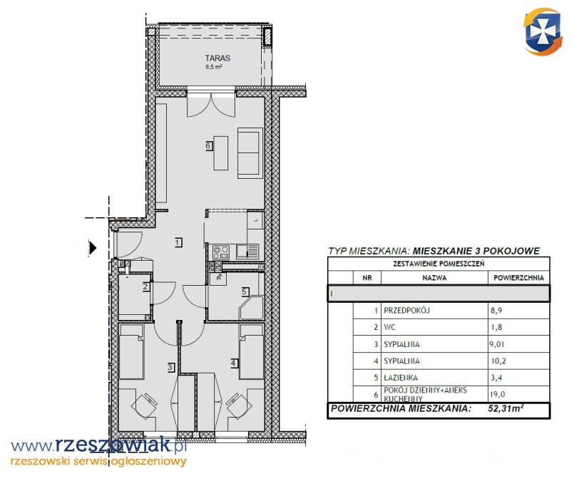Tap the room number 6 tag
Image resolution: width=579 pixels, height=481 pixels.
click(x=209, y=145)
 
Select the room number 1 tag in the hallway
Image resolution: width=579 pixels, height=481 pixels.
click(x=179, y=242)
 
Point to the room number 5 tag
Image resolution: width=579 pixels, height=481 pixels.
click(x=245, y=291)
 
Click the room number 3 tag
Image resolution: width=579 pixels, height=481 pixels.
click(x=170, y=367)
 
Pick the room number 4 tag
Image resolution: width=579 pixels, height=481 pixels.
click(x=234, y=363)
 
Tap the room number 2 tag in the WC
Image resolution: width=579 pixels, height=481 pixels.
click(x=146, y=286)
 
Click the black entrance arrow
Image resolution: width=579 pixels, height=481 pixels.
click(x=93, y=247)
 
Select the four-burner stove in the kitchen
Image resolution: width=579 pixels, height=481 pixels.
click(x=221, y=252)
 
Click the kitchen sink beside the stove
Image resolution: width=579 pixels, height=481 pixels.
click(x=247, y=251)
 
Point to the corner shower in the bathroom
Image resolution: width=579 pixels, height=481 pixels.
click(x=252, y=308)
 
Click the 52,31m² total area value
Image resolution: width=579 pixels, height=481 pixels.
click(x=506, y=408)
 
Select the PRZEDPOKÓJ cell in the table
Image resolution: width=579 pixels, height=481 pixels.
click(x=406, y=311)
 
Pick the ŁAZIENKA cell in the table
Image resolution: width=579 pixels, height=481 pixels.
click(x=401, y=378)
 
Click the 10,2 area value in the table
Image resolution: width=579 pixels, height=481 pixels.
click(x=498, y=361)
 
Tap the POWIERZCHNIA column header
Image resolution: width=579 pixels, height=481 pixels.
click(x=518, y=278)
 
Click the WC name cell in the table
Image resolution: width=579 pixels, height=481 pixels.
click(x=389, y=327)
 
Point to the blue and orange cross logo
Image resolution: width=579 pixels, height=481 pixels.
click(x=543, y=32)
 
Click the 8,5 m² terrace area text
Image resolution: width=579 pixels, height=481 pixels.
click(x=214, y=67)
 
